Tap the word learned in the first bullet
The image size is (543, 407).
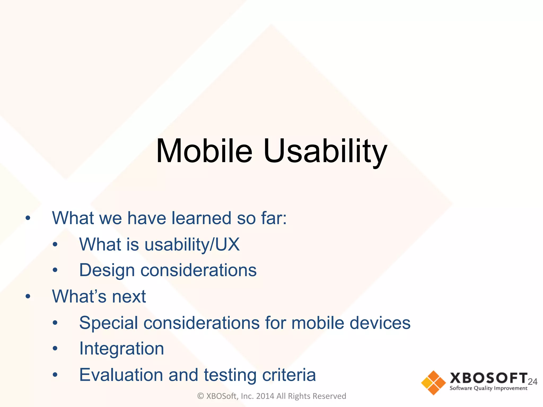click(201, 218)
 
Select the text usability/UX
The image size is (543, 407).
click(192, 244)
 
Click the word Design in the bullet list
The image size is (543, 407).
click(107, 270)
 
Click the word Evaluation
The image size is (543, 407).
click(121, 375)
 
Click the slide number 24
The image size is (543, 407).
click(532, 382)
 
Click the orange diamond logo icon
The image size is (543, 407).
click(433, 383)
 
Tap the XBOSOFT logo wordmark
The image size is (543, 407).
click(488, 378)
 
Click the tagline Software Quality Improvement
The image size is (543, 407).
click(488, 388)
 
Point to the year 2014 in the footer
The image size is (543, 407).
click(265, 396)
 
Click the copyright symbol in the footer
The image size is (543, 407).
click(200, 396)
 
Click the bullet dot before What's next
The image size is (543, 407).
click(28, 297)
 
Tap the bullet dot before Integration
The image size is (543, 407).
click(55, 348)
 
